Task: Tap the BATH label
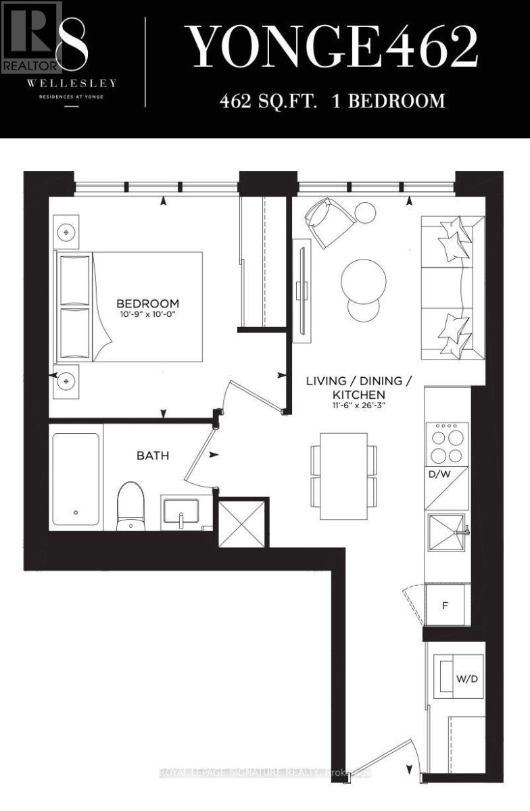point(153,456)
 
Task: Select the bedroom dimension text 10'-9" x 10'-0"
point(147,314)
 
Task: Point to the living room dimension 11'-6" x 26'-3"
point(358,407)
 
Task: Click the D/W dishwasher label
point(439,474)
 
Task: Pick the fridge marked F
point(445,605)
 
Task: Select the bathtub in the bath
point(76,478)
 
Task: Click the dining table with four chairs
point(343,481)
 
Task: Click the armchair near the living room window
point(329,220)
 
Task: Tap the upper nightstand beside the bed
point(66,232)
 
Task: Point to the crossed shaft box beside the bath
point(241,522)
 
